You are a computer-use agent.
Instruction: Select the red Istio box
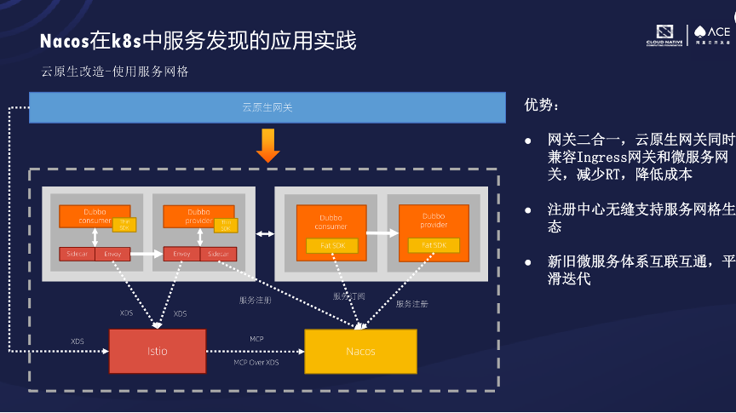[x=157, y=351]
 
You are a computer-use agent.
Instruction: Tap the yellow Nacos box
[x=360, y=351]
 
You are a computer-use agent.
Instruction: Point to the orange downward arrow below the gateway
[x=268, y=145]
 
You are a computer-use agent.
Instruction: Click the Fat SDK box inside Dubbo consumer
[x=331, y=245]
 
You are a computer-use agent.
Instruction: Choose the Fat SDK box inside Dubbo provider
[x=433, y=245]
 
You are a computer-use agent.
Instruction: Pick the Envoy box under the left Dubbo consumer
[x=112, y=254]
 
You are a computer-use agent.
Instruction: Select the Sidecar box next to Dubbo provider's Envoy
[x=219, y=254]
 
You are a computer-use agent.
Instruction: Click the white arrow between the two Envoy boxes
[x=147, y=254]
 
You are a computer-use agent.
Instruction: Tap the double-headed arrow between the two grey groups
[x=265, y=233]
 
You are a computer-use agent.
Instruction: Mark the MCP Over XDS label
[x=256, y=363]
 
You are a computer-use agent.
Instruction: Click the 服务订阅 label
[x=348, y=296]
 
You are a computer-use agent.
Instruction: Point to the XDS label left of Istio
[x=78, y=341]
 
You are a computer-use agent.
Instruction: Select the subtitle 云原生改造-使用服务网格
[x=114, y=72]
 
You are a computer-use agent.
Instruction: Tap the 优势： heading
[x=543, y=106]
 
